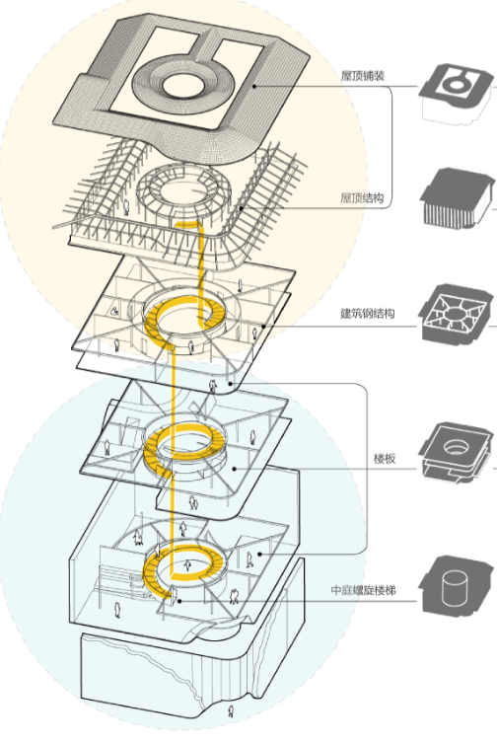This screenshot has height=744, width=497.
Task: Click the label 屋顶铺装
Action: [363, 76]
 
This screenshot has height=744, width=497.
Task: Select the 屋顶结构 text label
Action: [362, 198]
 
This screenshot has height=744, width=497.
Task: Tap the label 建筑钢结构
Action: [368, 313]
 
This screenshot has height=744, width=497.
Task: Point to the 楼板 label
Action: [385, 459]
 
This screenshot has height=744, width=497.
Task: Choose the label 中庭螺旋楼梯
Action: [363, 590]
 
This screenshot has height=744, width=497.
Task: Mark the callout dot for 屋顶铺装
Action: [254, 86]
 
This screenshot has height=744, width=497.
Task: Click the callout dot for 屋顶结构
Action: [241, 208]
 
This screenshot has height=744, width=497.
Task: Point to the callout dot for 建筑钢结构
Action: [263, 326]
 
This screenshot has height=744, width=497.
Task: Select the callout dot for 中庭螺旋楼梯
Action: [179, 601]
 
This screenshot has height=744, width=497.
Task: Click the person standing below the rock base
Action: [231, 711]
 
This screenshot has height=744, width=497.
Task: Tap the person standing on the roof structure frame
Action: [126, 207]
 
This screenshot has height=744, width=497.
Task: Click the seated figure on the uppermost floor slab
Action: [114, 311]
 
